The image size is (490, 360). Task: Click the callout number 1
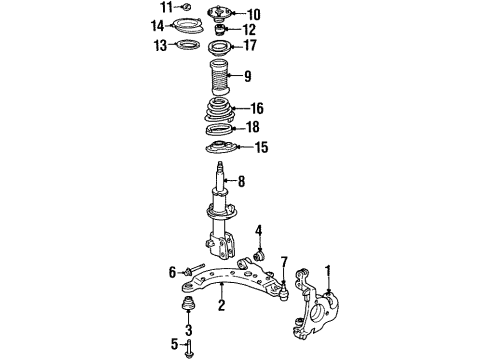(x=326, y=269)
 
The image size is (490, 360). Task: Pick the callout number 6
(x=172, y=271)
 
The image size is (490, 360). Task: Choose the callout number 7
(x=284, y=263)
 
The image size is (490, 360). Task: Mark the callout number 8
(x=241, y=182)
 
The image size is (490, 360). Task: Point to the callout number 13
(x=161, y=45)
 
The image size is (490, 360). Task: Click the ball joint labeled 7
(x=284, y=291)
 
